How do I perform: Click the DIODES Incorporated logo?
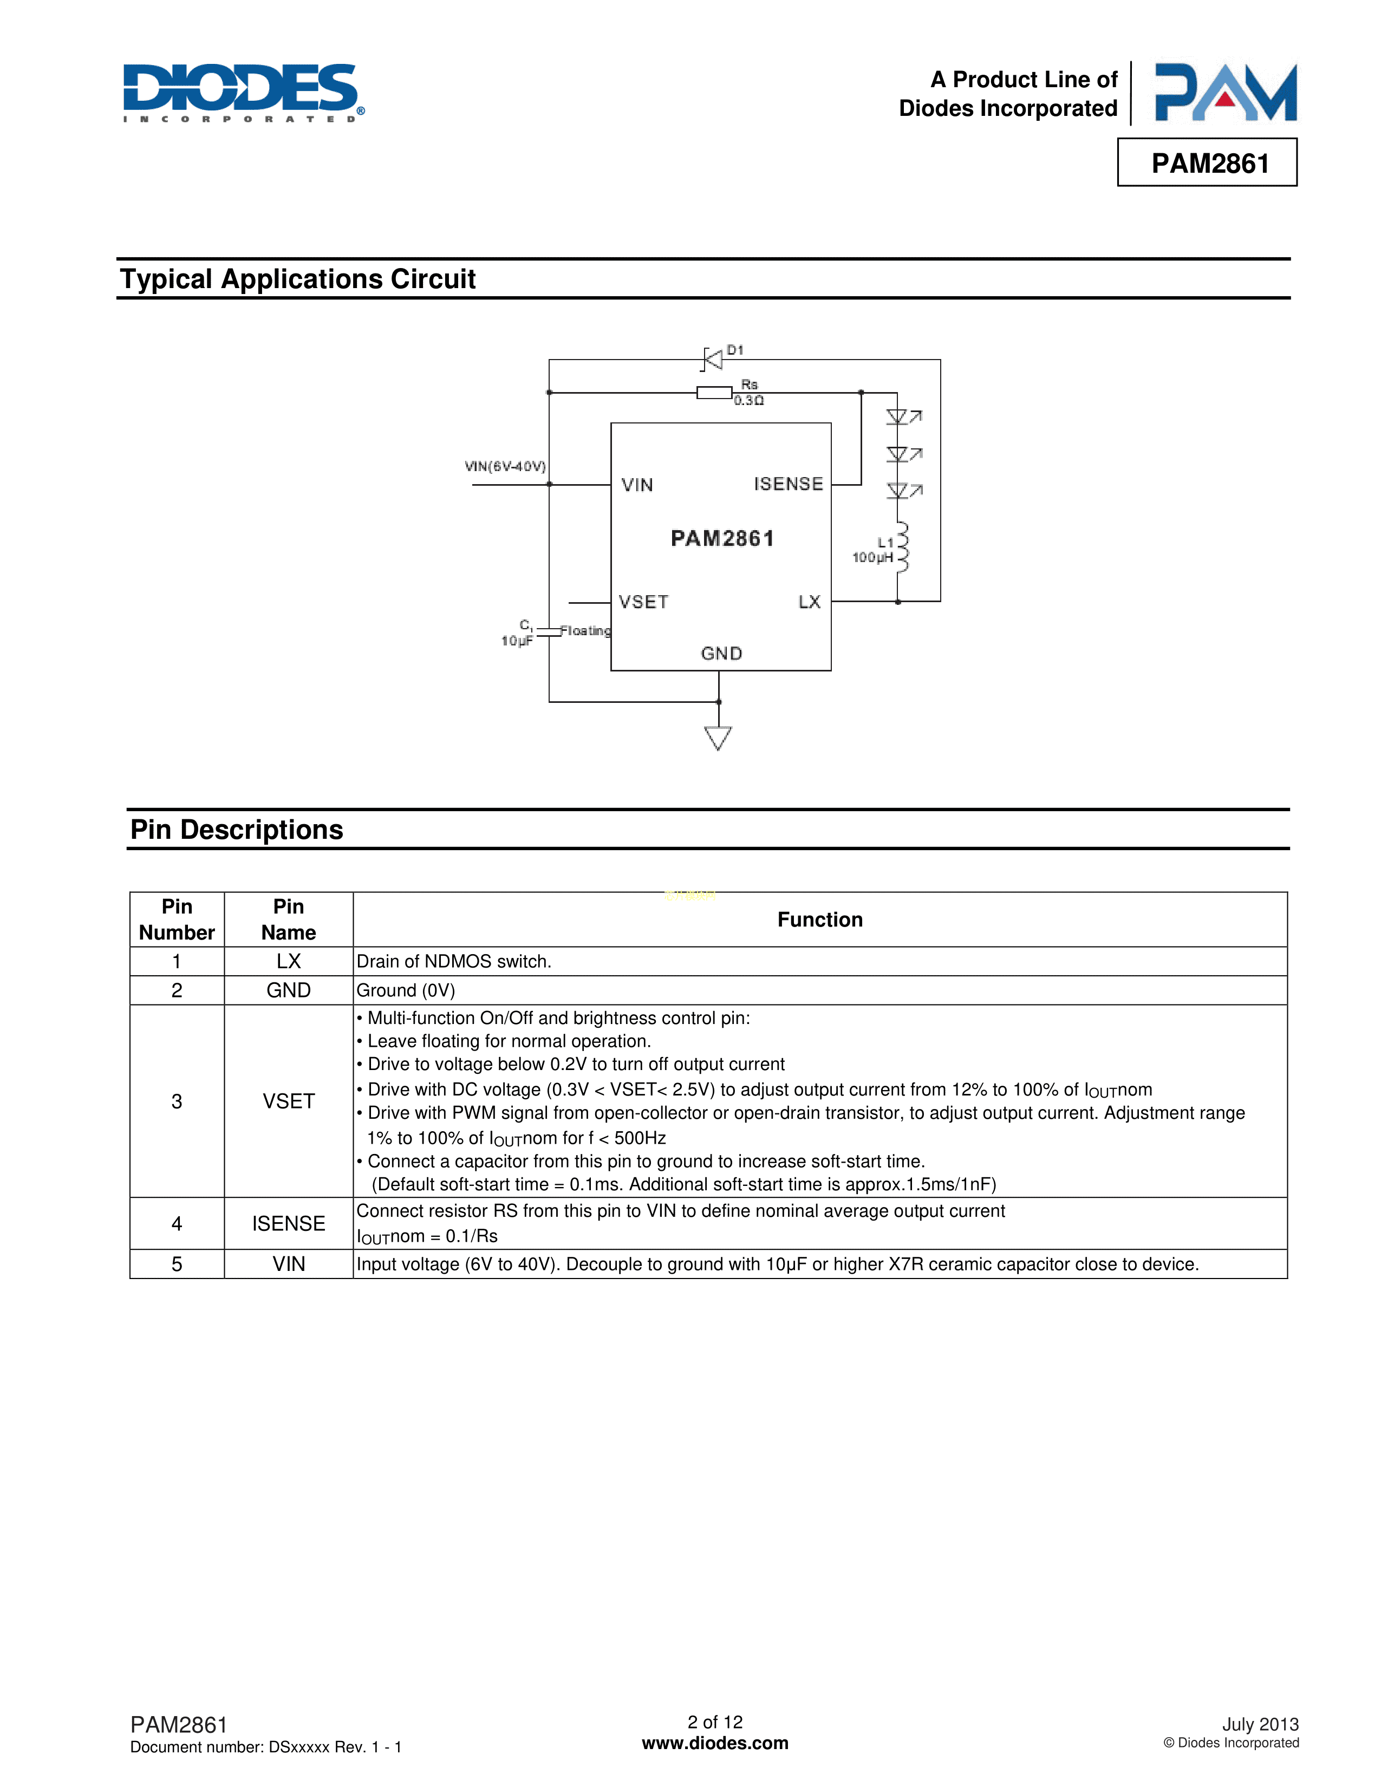click(243, 93)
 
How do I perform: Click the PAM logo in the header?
click(1224, 93)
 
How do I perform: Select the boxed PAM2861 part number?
click(1209, 164)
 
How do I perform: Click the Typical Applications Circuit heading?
click(298, 279)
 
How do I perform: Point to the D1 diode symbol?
click(713, 358)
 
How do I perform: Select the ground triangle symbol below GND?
click(718, 737)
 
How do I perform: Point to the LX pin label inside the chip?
click(809, 602)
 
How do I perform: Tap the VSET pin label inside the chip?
click(643, 602)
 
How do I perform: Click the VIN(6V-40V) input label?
click(505, 466)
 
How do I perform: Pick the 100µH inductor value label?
click(872, 558)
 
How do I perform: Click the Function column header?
click(820, 919)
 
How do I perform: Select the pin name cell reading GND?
click(288, 990)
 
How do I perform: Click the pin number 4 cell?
click(177, 1223)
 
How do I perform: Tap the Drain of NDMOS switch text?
click(454, 961)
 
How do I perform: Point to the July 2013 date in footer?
click(1260, 1724)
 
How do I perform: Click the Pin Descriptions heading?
click(237, 830)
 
